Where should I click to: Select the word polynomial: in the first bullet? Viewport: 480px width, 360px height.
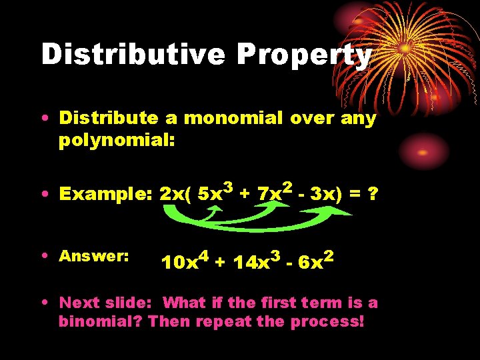(x=117, y=140)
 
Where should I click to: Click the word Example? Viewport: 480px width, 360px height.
(x=107, y=194)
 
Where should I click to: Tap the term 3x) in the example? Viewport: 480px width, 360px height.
(x=327, y=194)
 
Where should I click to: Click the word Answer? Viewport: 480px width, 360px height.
(x=94, y=256)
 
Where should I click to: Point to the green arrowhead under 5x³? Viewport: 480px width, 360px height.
(x=221, y=209)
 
